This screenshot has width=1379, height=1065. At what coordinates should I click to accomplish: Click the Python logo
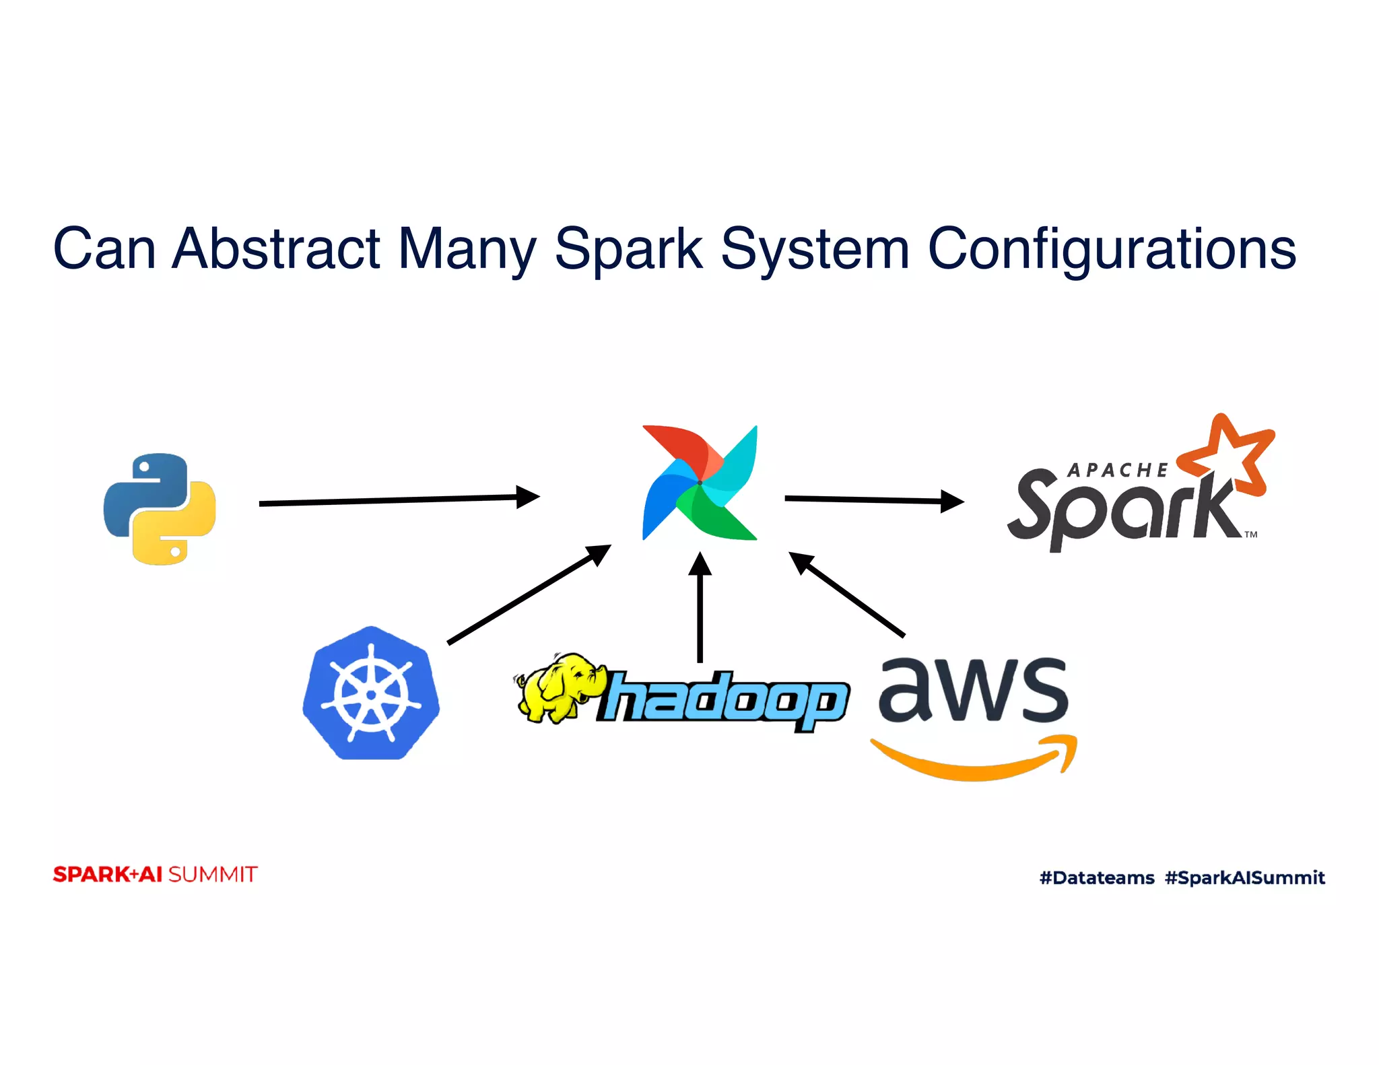point(160,508)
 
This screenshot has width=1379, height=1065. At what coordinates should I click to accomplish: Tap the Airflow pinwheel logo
point(700,483)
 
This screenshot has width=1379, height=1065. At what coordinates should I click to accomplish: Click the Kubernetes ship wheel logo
point(371,693)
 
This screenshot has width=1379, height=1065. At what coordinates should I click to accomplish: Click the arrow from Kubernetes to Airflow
point(529,594)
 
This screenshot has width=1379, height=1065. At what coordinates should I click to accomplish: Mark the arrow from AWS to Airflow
point(847,594)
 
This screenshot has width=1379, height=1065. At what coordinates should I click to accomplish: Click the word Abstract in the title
point(276,248)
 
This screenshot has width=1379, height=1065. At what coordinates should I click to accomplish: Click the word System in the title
point(815,248)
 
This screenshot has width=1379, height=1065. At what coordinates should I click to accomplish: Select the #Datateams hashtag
point(1096,877)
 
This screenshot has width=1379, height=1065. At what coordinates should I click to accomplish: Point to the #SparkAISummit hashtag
point(1244,877)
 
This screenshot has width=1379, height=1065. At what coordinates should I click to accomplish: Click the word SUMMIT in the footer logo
point(213,874)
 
